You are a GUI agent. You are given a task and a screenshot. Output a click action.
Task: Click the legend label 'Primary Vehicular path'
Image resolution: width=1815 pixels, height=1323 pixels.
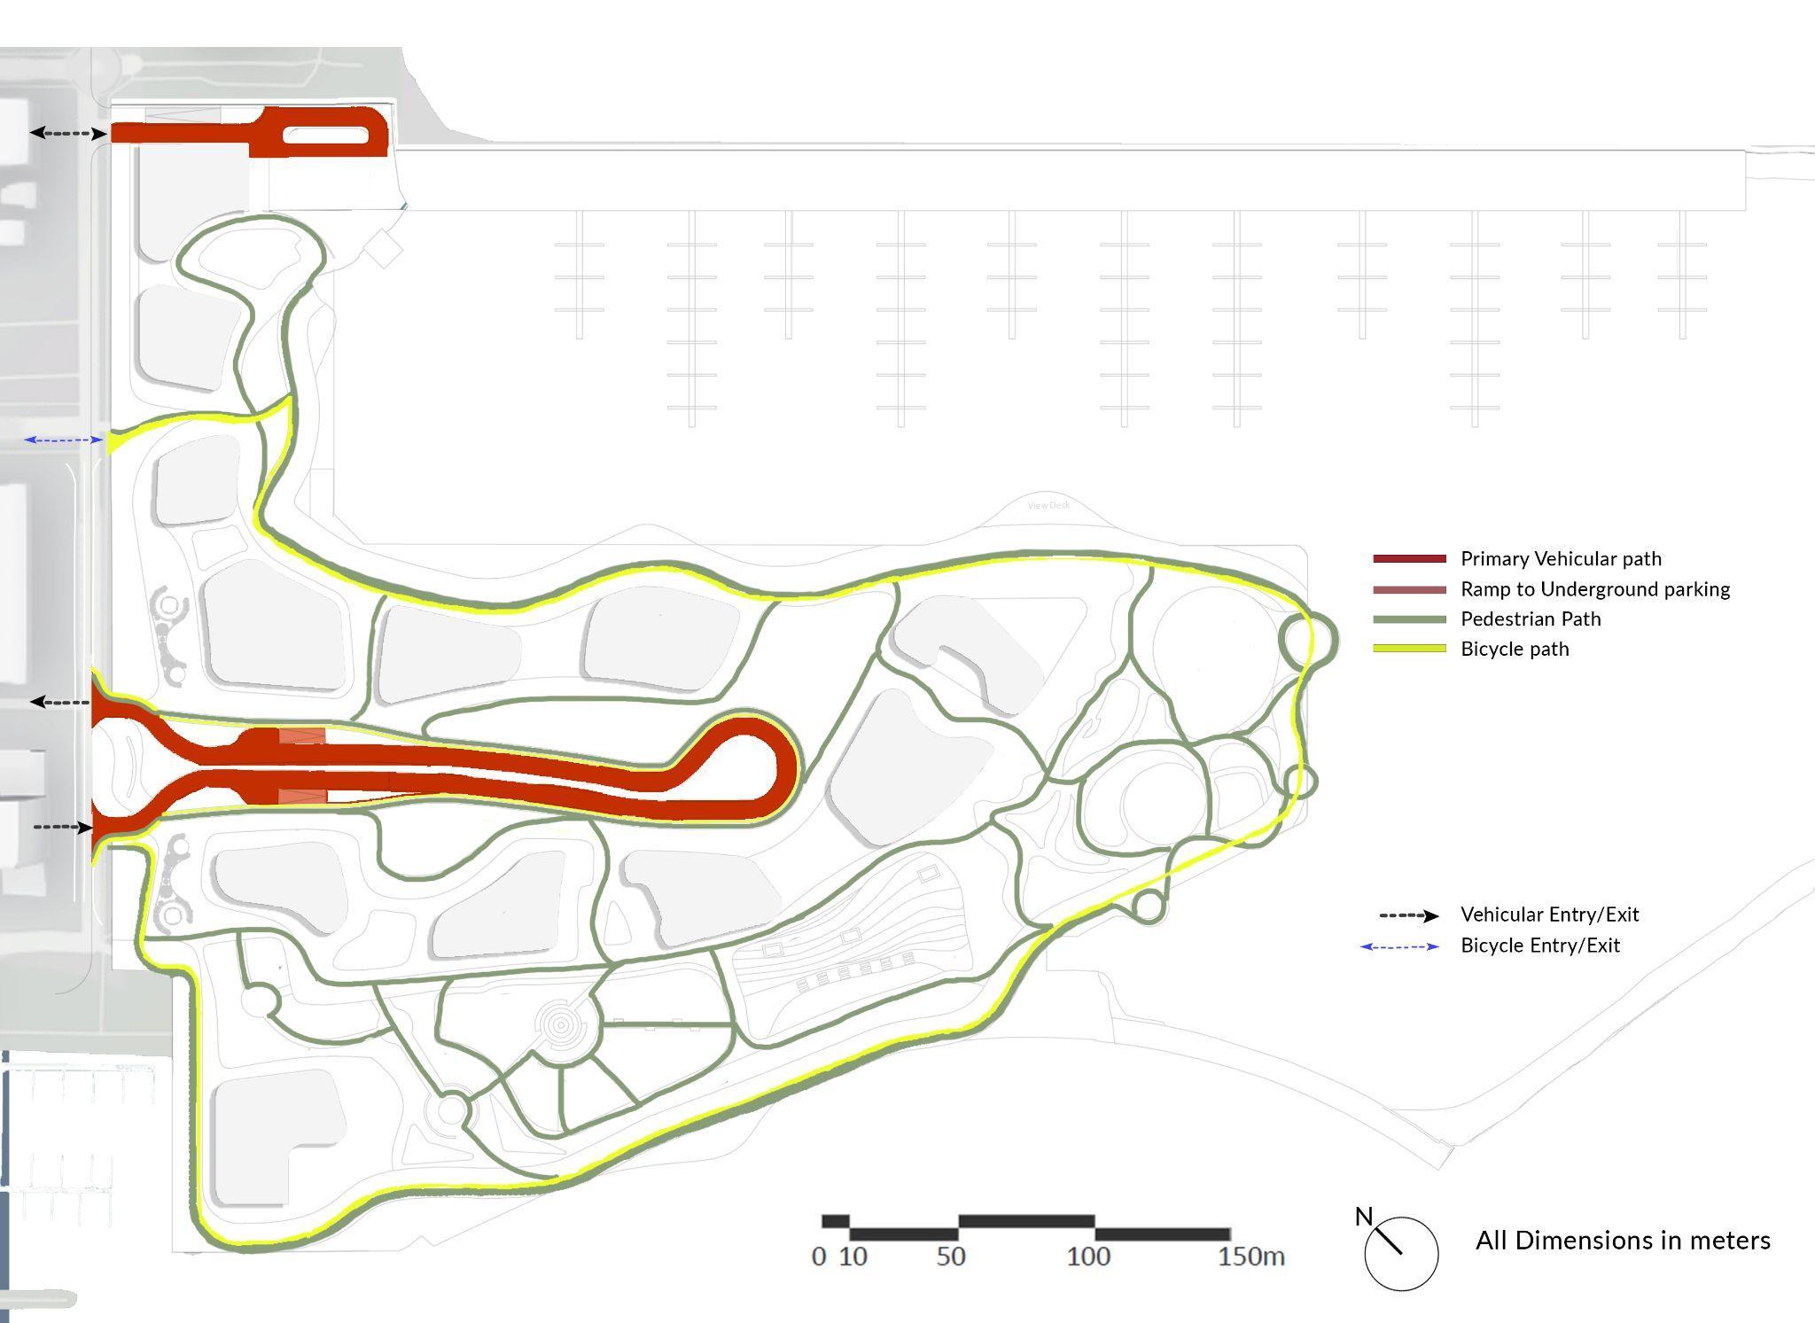coord(1561,559)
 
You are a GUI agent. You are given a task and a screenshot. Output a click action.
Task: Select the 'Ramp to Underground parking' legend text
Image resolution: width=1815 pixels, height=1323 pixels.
coord(1594,589)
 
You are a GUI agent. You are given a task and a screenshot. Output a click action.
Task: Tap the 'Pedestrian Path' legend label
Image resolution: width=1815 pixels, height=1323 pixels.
coord(1531,619)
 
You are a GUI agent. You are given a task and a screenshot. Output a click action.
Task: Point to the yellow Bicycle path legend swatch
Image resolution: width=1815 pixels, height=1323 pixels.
coord(1409,650)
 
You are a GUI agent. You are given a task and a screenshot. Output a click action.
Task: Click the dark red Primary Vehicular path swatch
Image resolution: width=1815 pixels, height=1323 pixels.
coord(1409,559)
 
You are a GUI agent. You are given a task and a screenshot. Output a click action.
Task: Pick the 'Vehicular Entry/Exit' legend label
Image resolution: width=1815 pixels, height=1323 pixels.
coord(1549,914)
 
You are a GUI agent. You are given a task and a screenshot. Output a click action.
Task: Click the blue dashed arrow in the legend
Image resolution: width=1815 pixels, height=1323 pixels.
coord(1399,946)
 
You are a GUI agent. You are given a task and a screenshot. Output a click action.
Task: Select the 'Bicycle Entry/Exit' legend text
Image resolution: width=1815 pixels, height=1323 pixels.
coord(1539,946)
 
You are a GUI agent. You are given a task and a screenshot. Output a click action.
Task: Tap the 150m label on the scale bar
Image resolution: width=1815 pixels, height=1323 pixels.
coord(1250,1257)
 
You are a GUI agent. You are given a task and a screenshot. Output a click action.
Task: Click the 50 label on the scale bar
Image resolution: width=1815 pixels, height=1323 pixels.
coord(950,1257)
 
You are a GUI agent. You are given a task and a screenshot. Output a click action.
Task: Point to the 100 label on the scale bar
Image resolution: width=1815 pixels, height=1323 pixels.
coord(1088,1257)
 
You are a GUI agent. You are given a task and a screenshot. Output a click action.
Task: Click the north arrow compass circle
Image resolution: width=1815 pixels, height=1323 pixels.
coord(1401,1253)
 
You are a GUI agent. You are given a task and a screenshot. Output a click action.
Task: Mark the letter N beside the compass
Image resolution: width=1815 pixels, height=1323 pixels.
coord(1363,1217)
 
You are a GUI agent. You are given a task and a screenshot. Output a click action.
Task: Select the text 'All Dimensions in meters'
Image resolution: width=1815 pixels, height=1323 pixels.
coord(1622,1241)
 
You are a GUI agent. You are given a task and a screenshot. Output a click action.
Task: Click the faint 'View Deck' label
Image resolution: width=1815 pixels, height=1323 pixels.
coord(1048,505)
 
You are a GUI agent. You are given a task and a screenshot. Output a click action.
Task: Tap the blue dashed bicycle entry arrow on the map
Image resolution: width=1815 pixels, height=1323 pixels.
coord(63,440)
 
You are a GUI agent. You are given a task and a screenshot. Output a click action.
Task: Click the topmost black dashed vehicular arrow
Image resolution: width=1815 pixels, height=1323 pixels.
coord(67,133)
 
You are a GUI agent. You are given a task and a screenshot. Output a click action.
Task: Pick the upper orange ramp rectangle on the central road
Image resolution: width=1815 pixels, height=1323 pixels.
coord(302,735)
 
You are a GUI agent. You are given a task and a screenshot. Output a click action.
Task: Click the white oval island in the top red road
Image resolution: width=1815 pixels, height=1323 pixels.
coord(324,135)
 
